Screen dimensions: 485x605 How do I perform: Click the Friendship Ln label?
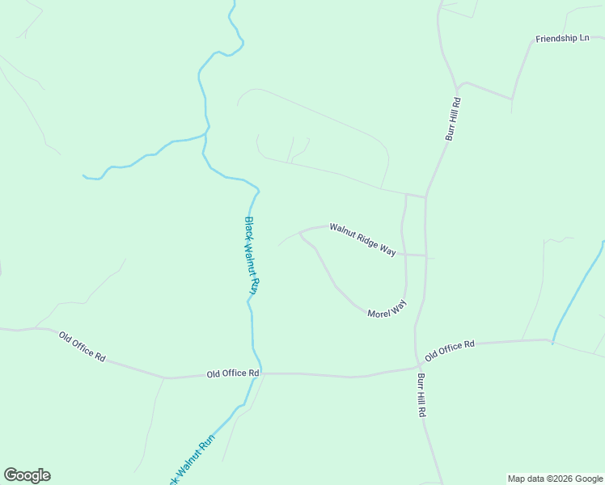pyautogui.click(x=562, y=38)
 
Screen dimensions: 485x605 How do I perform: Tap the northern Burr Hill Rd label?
pyautogui.click(x=453, y=120)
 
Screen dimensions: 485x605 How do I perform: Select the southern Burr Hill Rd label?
pyautogui.click(x=421, y=394)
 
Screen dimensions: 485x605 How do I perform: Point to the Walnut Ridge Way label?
pyautogui.click(x=362, y=239)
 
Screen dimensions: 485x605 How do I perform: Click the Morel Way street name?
pyautogui.click(x=386, y=308)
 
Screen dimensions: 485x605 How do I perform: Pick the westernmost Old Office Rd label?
pyautogui.click(x=82, y=346)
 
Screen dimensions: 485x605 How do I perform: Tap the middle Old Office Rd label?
pyautogui.click(x=232, y=373)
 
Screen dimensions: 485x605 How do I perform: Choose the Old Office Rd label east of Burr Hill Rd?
pyautogui.click(x=449, y=350)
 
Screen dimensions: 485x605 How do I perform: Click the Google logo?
pyautogui.click(x=27, y=475)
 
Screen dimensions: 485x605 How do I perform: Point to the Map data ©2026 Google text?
pyautogui.click(x=555, y=479)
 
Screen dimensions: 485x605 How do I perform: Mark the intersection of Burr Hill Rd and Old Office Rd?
pyautogui.click(x=417, y=365)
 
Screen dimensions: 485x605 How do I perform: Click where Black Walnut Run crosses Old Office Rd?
pyautogui.click(x=259, y=373)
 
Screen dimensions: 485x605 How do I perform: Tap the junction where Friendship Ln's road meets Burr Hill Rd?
pyautogui.click(x=458, y=85)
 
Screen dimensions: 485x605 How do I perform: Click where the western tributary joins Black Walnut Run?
pyautogui.click(x=205, y=135)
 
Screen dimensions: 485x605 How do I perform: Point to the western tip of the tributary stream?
pyautogui.click(x=84, y=175)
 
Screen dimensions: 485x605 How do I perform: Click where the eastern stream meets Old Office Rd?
pyautogui.click(x=553, y=340)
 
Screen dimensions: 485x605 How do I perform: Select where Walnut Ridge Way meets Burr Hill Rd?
pyautogui.click(x=425, y=255)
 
